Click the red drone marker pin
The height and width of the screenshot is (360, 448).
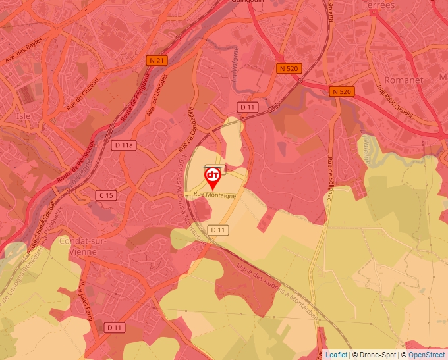pyautogui.click(x=213, y=177)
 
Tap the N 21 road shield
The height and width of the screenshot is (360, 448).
pyautogui.click(x=155, y=61)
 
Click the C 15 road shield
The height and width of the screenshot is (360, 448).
pyautogui.click(x=105, y=195)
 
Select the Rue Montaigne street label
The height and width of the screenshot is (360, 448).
pyautogui.click(x=215, y=195)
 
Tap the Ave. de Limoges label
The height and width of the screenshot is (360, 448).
pyautogui.click(x=157, y=97)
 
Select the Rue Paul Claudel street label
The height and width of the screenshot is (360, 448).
pyautogui.click(x=395, y=103)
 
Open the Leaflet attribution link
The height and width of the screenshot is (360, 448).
pyautogui.click(x=336, y=355)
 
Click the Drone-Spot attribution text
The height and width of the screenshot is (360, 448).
pyautogui.click(x=374, y=355)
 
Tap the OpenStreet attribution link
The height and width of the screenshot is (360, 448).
pyautogui.click(x=428, y=355)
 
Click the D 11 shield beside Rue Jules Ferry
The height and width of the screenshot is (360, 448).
pyautogui.click(x=115, y=327)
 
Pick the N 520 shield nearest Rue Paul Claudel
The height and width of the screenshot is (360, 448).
pyautogui.click(x=341, y=91)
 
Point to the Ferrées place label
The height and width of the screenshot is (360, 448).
pyautogui.click(x=379, y=5)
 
